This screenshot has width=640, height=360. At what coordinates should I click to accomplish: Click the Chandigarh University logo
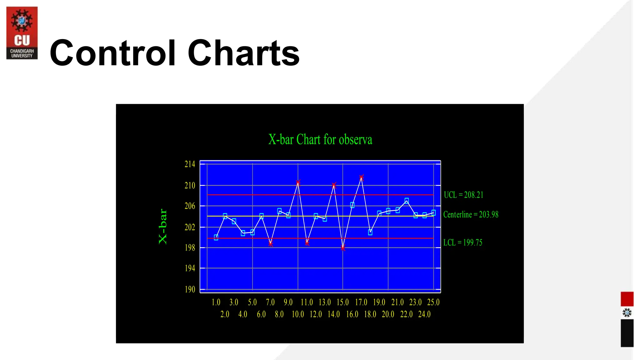point(22,33)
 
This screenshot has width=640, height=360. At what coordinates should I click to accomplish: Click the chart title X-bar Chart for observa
point(320,139)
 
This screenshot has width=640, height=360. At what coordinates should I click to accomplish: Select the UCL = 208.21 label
point(463,195)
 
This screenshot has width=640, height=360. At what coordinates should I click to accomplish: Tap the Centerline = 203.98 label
point(471,214)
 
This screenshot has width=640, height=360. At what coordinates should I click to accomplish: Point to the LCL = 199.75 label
point(463,242)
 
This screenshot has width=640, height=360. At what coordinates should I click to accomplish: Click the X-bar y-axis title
point(163,227)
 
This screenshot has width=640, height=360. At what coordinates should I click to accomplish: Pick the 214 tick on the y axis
point(190,164)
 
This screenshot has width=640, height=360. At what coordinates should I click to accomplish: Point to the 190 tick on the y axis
point(190,289)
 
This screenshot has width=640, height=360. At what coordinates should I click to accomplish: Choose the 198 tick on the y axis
point(190,248)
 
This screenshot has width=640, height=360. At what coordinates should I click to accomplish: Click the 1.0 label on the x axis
point(216,302)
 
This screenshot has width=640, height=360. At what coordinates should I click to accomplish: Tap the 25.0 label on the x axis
point(433,302)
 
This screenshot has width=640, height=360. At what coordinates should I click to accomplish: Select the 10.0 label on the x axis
point(298,314)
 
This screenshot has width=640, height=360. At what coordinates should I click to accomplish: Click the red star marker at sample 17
point(361,177)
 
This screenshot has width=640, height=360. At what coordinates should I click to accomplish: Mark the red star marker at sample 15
point(343,248)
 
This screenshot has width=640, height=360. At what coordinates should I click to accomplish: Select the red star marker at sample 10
point(298,182)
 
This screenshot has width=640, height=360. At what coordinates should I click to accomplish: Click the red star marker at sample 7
point(271,244)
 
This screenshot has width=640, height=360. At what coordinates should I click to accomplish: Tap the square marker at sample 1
point(216,237)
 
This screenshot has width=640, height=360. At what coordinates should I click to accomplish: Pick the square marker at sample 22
point(407,200)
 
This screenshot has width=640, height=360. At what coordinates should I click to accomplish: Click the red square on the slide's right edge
point(627,299)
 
